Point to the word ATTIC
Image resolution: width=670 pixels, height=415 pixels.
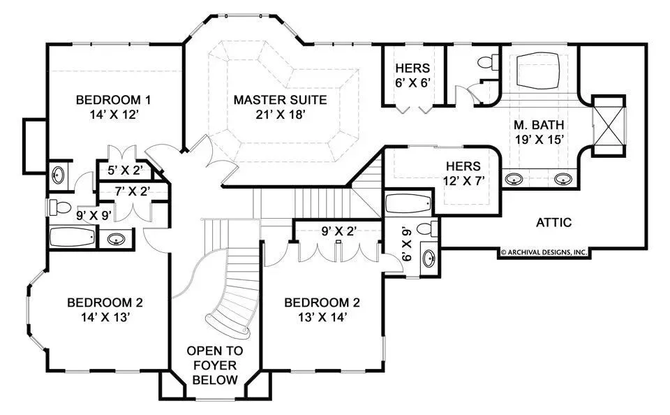(x=553, y=222)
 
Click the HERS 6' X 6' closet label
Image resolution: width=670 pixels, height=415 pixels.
(x=412, y=75)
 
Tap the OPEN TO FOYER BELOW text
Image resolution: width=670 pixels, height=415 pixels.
(x=215, y=365)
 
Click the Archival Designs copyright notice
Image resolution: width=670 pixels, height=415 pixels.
(x=544, y=252)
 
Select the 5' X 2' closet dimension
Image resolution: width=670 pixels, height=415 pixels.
(x=125, y=170)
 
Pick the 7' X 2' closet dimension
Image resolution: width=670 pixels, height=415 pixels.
(x=132, y=191)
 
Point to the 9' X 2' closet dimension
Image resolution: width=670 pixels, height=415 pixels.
(x=339, y=231)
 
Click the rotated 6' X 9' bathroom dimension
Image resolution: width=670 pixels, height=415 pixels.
(x=406, y=245)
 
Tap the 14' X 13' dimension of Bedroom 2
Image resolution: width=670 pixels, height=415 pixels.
(x=105, y=317)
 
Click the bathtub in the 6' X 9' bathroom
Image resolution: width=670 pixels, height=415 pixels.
(x=408, y=203)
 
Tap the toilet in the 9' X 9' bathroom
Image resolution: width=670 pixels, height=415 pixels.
(x=59, y=207)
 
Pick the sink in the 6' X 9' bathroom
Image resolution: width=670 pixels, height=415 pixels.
(x=429, y=259)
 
